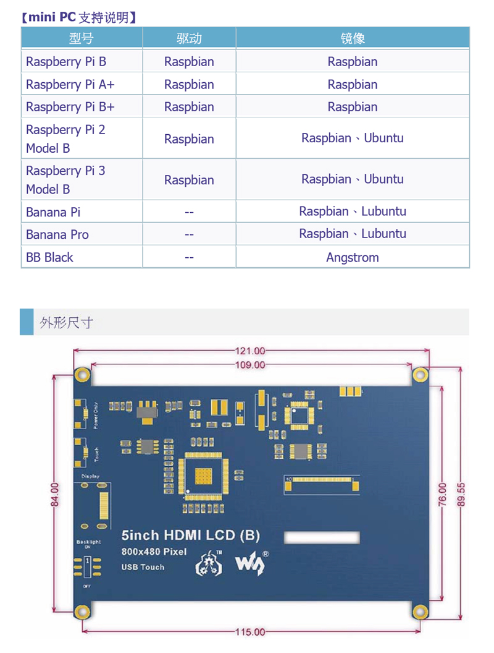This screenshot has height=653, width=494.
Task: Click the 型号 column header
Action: pos(81,38)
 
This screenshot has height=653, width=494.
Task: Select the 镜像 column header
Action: pos(353,38)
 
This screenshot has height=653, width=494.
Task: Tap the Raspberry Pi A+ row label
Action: pos(70,84)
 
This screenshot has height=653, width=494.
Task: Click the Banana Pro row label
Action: pos(57,234)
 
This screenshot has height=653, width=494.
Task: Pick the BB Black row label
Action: pos(49,257)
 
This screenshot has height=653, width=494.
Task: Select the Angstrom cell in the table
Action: pos(353,257)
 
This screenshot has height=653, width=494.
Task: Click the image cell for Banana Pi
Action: pos(353,211)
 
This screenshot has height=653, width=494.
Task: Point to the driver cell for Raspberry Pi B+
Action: pos(189,107)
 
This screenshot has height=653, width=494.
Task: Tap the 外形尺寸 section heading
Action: pos(66,323)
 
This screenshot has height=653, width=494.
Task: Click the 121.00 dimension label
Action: pos(250,351)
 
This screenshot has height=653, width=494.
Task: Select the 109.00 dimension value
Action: pos(250,365)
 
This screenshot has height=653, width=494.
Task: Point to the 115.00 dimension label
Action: pos(250,632)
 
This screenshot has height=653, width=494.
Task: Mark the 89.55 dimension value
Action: pos(461,494)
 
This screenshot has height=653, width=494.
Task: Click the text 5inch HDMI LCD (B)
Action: pos(190,536)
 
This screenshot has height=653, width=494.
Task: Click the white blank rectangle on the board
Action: pos(321,537)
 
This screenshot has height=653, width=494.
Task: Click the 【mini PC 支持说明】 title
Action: pos(78,17)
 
